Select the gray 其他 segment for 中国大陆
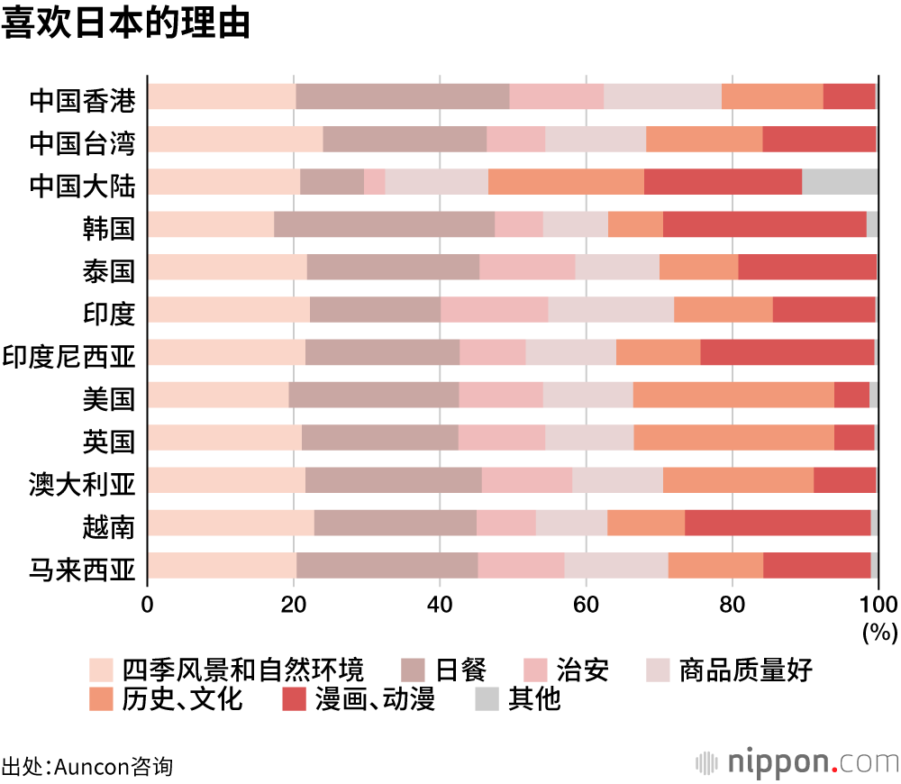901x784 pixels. click(839, 181)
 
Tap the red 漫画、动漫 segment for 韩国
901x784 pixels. click(764, 223)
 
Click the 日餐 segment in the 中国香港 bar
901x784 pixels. click(402, 96)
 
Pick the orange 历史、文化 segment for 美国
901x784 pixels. click(733, 395)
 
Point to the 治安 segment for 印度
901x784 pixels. click(494, 309)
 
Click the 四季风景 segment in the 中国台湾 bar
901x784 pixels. click(235, 139)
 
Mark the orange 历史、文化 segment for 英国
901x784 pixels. click(733, 437)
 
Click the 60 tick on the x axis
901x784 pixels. click(586, 604)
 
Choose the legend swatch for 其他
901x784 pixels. click(487, 698)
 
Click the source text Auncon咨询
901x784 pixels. click(113, 767)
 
